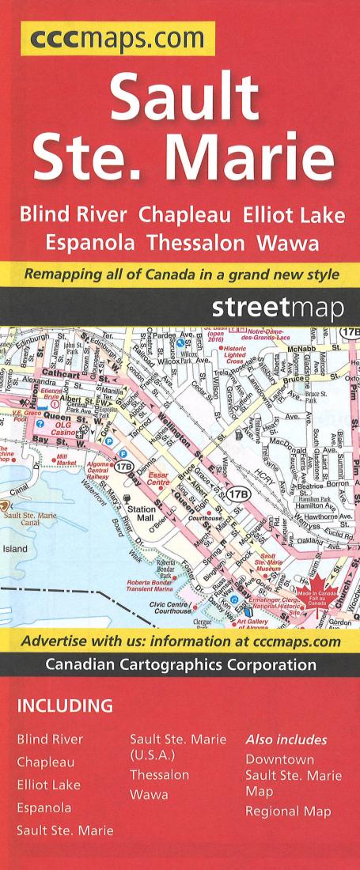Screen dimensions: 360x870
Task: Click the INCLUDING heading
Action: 65,705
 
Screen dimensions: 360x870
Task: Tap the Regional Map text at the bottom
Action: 288,811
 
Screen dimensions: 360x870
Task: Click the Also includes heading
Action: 286,739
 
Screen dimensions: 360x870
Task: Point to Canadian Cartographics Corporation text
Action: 180,665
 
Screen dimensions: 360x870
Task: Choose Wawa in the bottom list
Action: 149,795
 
